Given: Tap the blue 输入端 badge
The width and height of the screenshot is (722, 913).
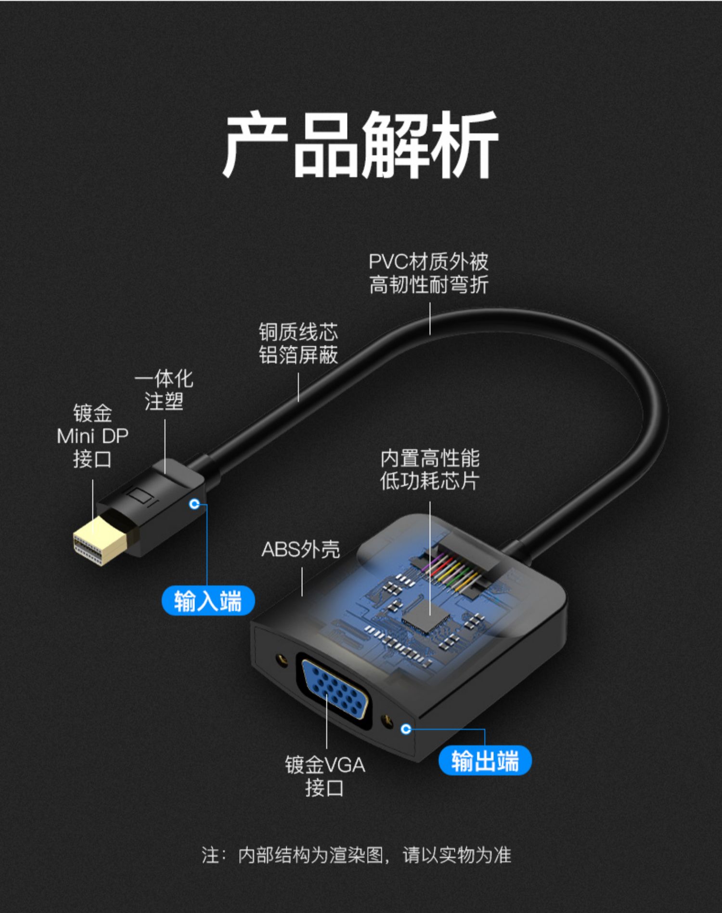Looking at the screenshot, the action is click(x=208, y=600).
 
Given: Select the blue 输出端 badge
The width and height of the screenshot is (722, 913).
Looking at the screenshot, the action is click(x=485, y=761).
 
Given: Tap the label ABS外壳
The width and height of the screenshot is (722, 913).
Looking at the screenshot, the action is click(x=301, y=549).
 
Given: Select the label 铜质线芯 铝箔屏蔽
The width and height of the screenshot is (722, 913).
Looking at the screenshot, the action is click(x=298, y=343).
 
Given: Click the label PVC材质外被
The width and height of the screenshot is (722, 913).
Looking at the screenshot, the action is click(x=428, y=262).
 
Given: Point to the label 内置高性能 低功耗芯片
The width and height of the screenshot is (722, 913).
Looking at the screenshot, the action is click(x=430, y=470).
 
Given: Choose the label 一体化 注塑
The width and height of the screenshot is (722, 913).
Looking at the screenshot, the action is click(x=164, y=390).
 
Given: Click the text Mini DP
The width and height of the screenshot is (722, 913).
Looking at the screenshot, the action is click(x=93, y=436).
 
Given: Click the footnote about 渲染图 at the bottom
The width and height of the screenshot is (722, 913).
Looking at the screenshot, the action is click(x=356, y=855).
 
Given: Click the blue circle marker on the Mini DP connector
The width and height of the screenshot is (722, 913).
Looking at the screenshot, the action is click(x=194, y=504).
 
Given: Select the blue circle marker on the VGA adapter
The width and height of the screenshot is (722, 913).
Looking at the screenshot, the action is click(x=406, y=729).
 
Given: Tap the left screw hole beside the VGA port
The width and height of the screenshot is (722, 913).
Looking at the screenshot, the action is click(x=280, y=660).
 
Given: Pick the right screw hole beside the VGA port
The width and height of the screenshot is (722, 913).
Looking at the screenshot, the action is click(x=385, y=721).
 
